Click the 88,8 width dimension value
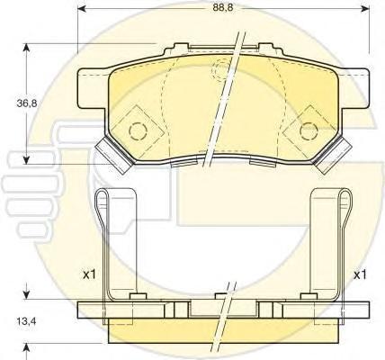223,8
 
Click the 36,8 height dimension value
27,103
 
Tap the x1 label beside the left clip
89,274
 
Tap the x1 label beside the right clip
360,274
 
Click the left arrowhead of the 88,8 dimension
82,9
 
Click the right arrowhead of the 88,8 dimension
364,9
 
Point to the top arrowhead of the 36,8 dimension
27,49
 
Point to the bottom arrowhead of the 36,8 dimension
27,159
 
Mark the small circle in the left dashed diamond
138,130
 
